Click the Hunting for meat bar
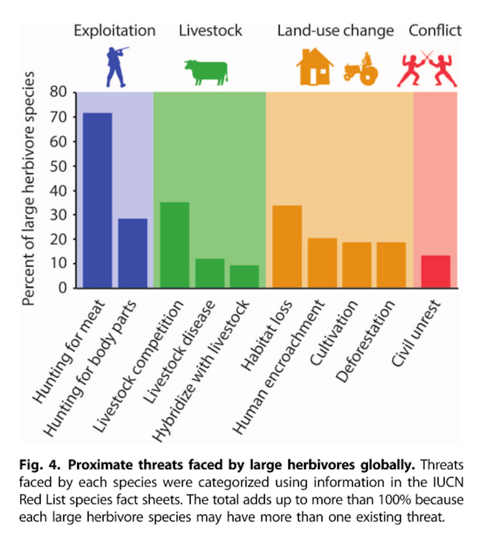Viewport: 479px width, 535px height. [x=97, y=200]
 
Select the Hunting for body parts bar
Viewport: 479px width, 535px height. [x=133, y=253]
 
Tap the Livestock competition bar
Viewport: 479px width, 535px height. [x=175, y=245]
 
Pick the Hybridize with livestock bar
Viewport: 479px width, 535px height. [x=244, y=276]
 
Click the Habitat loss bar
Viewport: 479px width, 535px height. [x=287, y=247]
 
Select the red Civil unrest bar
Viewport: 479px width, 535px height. [x=435, y=272]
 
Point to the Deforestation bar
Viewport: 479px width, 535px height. [x=391, y=265]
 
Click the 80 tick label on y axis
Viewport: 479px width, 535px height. [x=58, y=92]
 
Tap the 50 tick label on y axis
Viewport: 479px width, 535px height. [x=58, y=166]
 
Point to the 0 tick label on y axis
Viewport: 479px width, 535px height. [x=63, y=288]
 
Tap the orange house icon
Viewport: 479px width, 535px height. [x=314, y=67]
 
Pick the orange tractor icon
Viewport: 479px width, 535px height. [x=361, y=70]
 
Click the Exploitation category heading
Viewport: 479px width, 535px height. [x=115, y=31]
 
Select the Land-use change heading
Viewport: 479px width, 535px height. [x=335, y=31]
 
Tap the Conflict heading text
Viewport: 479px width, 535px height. [x=435, y=31]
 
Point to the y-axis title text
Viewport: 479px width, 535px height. [x=29, y=189]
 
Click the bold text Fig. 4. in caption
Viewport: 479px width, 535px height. [x=40, y=465]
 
